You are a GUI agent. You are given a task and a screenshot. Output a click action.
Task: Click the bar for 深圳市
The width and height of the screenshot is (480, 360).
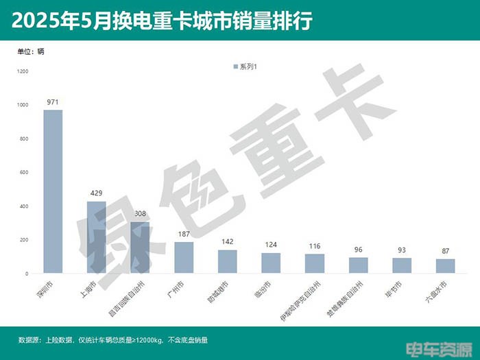tap(53, 192)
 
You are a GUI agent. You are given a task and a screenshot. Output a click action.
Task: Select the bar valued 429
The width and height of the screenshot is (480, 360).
tap(97, 237)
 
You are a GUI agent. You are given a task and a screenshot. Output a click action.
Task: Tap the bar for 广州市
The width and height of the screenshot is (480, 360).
tap(184, 258)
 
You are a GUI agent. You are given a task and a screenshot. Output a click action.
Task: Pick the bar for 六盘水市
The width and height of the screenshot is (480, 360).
tap(445, 266)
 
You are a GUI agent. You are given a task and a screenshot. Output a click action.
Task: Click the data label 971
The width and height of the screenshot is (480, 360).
tap(53, 102)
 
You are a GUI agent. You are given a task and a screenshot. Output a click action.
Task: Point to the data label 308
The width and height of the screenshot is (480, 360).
tap(140, 214)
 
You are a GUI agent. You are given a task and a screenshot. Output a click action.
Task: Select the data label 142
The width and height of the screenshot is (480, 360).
tap(227, 242)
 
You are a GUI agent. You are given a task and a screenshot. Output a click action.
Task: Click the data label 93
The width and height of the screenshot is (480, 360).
tap(401, 250)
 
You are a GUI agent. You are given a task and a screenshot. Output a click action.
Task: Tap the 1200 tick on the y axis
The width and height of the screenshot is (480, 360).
tap(23, 71)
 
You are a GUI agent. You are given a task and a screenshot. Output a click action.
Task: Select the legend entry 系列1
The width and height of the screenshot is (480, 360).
tap(245, 67)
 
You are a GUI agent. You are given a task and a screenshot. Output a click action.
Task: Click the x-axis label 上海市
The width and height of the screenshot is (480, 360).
tap(88, 290)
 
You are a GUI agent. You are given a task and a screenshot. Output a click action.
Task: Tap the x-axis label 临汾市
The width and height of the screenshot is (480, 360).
tap(262, 290)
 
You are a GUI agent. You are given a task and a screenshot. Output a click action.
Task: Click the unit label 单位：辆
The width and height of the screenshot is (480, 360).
tap(31, 51)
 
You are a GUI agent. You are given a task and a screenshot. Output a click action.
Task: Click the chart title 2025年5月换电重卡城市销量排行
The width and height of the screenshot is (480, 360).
tap(162, 21)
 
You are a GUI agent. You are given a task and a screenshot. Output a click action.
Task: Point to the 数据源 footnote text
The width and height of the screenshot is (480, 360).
tap(114, 339)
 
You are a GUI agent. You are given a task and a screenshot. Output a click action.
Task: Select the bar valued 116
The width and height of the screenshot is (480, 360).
tap(314, 264)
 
